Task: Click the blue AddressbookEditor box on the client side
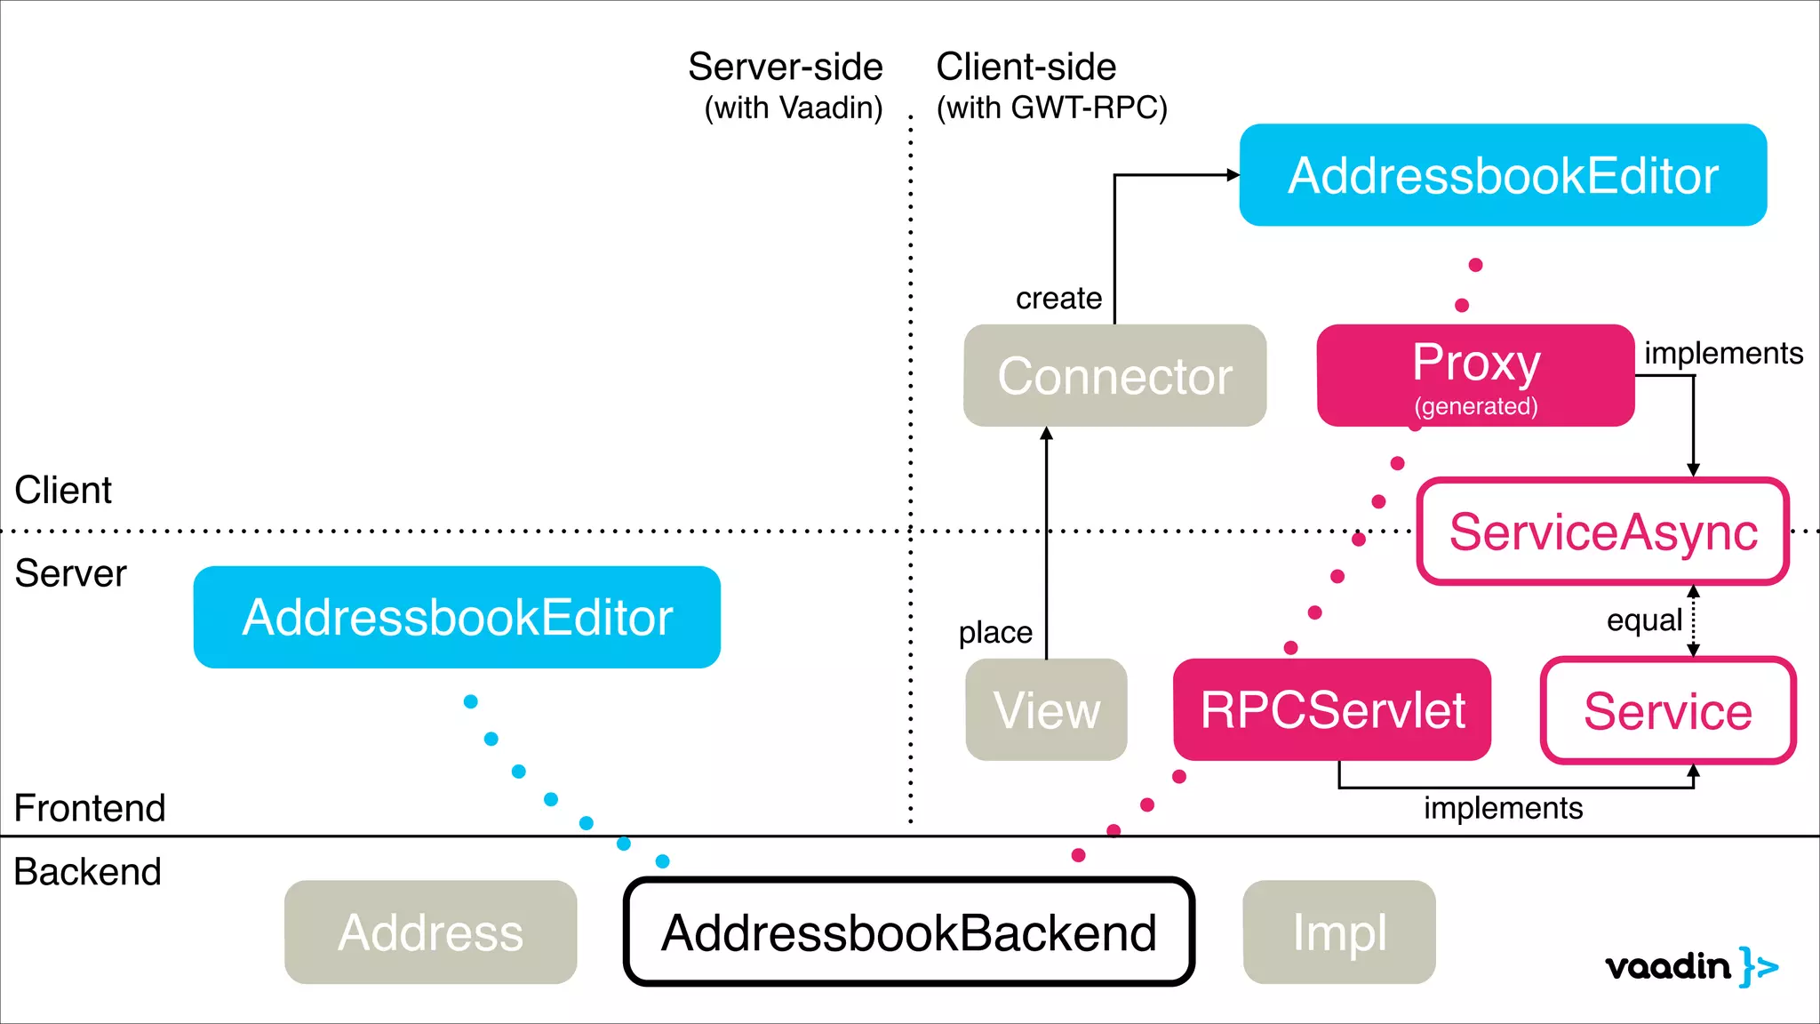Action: click(x=1503, y=175)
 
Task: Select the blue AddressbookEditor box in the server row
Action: click(x=457, y=617)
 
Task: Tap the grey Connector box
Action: click(x=1114, y=375)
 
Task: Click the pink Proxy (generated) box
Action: click(x=1475, y=375)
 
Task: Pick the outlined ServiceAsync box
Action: click(x=1603, y=532)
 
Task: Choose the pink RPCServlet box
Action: click(x=1332, y=709)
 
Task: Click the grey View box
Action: click(x=1046, y=709)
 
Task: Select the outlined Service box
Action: click(x=1668, y=710)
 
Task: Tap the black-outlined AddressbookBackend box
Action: click(x=908, y=932)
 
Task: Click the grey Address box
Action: click(x=430, y=932)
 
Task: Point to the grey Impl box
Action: click(x=1339, y=932)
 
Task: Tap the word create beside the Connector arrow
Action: click(x=1058, y=298)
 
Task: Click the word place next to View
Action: click(x=995, y=632)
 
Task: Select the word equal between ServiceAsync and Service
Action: click(x=1644, y=620)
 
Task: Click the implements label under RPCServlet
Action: click(x=1503, y=808)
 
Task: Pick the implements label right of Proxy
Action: click(x=1722, y=353)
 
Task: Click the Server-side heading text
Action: click(x=786, y=68)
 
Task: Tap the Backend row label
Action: click(x=87, y=871)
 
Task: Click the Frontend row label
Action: click(x=90, y=808)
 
